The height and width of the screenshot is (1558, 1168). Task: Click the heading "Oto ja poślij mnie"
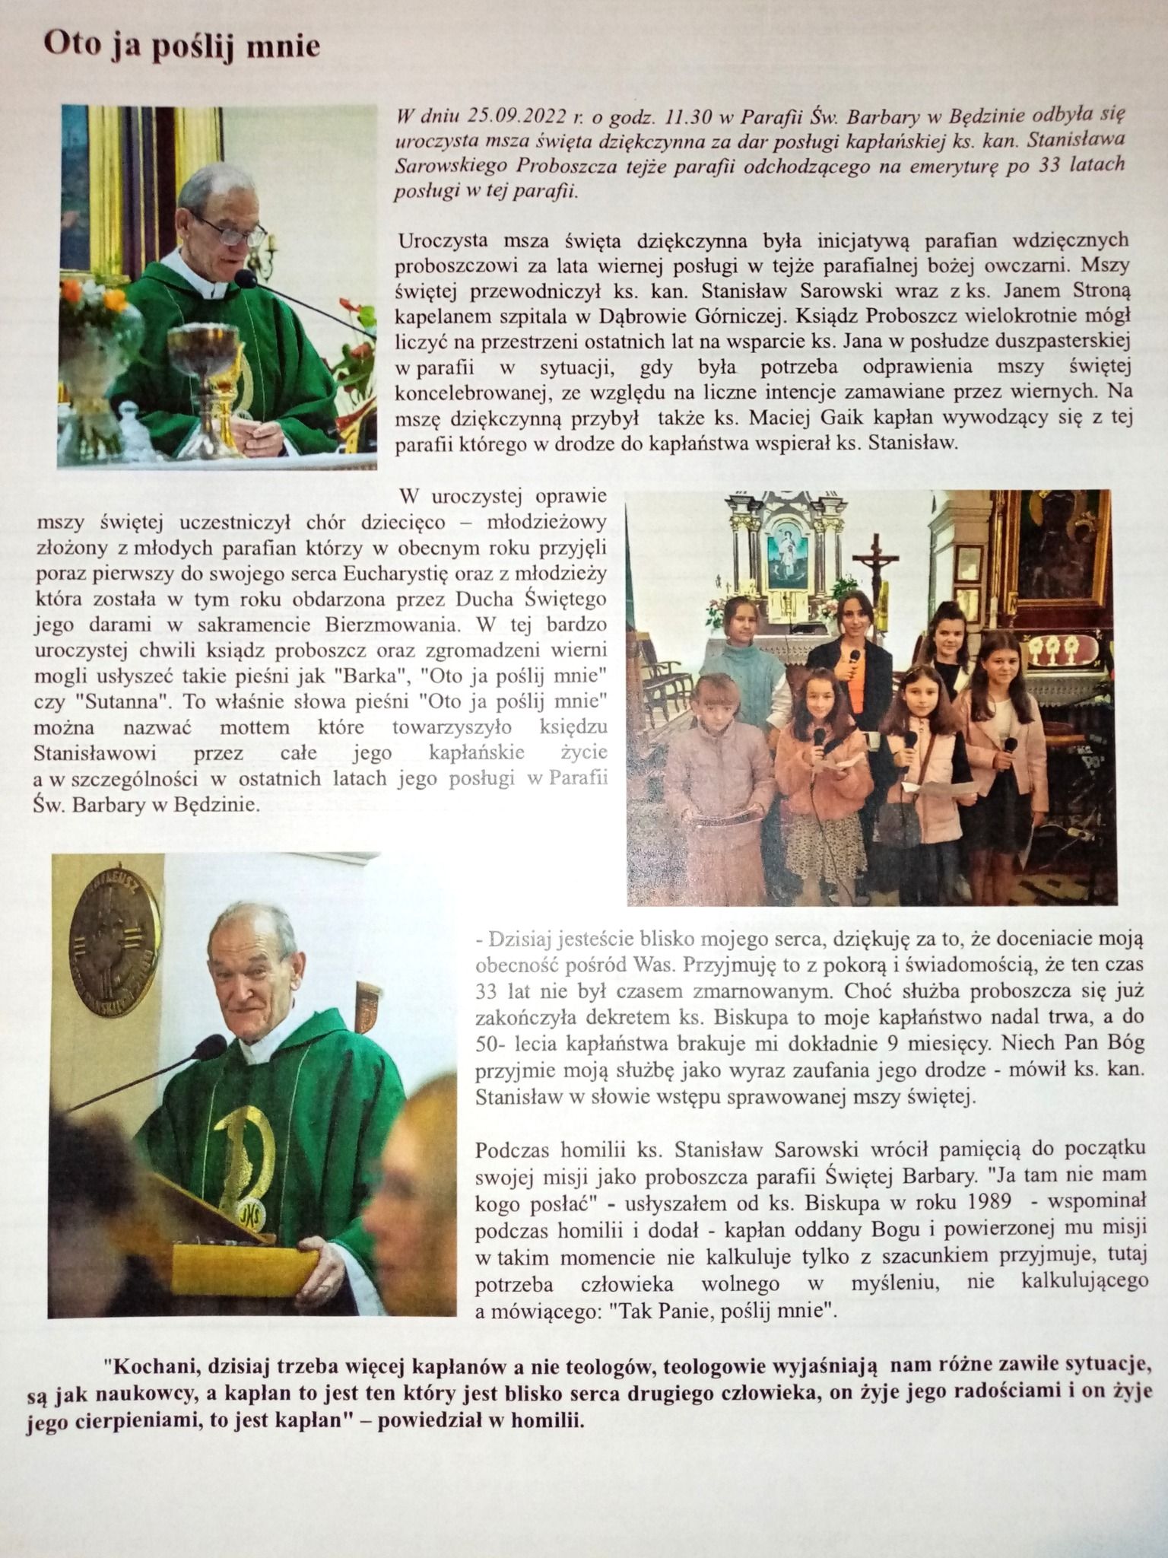pos(182,46)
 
